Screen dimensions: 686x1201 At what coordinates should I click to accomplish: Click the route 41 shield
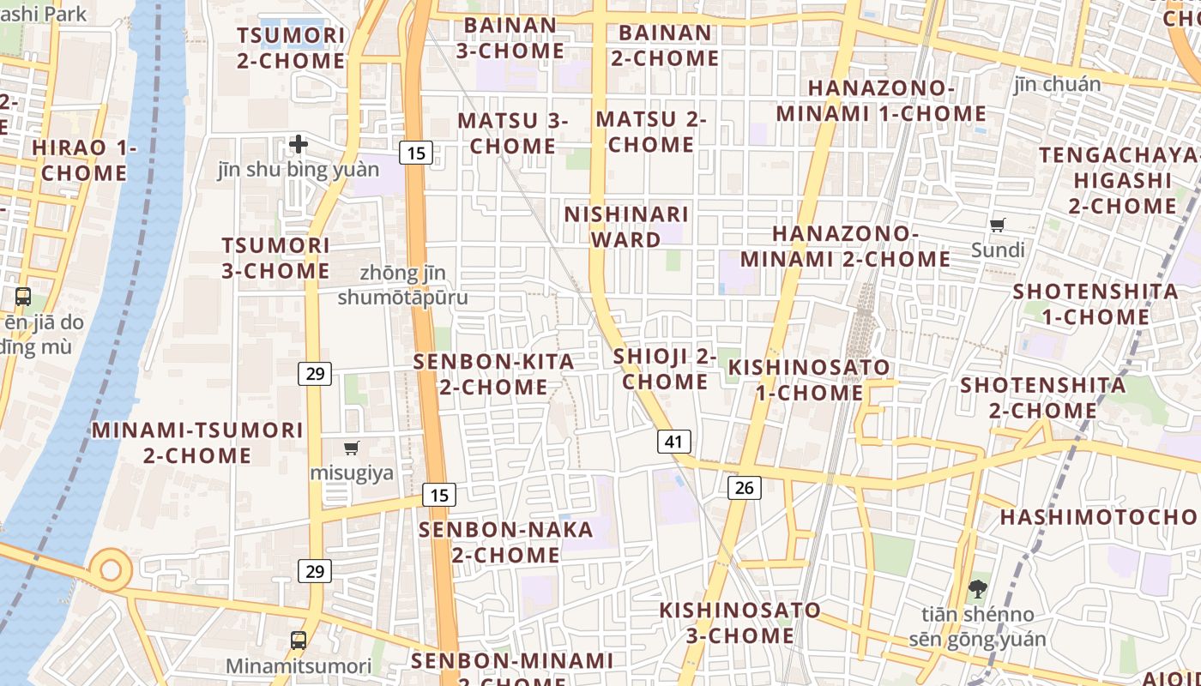point(674,442)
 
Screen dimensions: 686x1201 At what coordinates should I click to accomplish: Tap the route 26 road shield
point(744,488)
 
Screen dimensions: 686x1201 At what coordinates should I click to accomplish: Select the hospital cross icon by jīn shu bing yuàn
point(299,144)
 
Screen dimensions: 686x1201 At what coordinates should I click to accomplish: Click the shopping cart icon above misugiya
point(351,448)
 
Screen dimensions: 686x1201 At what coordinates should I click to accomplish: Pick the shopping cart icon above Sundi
point(997,226)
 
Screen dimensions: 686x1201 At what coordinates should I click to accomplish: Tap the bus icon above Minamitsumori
point(299,640)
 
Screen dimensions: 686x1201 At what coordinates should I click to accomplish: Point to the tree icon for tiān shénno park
point(977,588)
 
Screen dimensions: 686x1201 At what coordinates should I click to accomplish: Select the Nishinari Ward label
point(626,226)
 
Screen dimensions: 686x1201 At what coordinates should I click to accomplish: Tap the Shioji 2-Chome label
point(665,369)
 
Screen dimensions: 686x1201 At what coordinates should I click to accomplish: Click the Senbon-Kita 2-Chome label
point(494,374)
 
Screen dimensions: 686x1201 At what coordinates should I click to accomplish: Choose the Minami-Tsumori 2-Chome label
point(197,442)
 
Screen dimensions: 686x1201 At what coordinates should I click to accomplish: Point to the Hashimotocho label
point(1100,517)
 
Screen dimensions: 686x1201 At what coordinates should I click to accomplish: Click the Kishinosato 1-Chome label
point(809,380)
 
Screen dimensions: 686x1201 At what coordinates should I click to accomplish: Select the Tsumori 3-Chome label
point(275,258)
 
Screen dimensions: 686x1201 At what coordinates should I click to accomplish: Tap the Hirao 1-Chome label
point(84,160)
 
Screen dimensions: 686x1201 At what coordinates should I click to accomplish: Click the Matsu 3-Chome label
point(513,133)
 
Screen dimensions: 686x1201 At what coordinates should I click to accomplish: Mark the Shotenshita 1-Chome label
point(1095,304)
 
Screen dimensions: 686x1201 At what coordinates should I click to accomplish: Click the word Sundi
point(998,250)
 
